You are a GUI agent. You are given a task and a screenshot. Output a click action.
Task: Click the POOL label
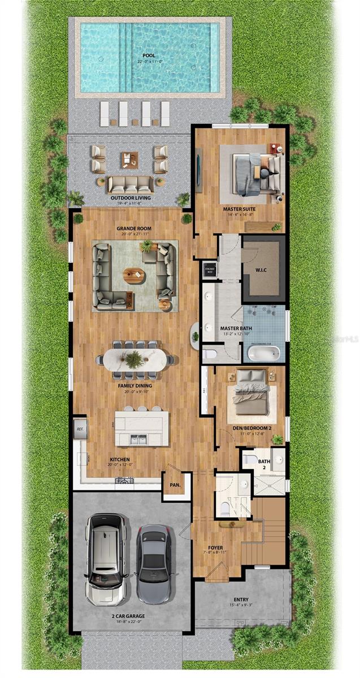tap(149, 55)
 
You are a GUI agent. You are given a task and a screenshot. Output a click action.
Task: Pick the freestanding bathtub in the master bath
tap(263, 354)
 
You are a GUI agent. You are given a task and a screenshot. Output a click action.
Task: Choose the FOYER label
tap(215, 547)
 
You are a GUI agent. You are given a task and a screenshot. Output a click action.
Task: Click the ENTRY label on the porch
tap(241, 599)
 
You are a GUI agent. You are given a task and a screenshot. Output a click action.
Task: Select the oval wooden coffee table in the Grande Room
tap(134, 276)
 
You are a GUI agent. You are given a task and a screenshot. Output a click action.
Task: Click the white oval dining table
tap(135, 359)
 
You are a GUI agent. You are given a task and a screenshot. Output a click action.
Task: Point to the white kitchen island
tap(141, 428)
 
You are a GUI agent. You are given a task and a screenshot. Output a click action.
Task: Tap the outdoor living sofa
tap(130, 185)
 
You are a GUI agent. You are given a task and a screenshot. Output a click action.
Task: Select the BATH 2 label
tap(264, 464)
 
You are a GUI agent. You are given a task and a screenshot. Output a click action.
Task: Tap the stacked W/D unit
tap(209, 269)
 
